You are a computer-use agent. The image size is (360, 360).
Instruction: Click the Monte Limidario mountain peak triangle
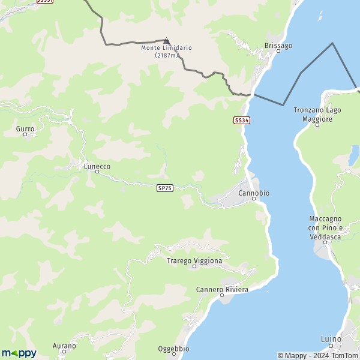[x=167, y=41]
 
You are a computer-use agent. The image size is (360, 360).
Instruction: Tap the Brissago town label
[x=278, y=45]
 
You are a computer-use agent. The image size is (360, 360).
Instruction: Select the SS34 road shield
[x=241, y=120]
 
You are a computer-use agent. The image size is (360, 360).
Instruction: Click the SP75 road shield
[x=165, y=188]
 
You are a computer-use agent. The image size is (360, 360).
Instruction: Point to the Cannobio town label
[x=254, y=193]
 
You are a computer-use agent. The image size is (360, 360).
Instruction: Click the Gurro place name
[x=25, y=128]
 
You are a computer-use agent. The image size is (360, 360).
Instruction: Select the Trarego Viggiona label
[x=194, y=260]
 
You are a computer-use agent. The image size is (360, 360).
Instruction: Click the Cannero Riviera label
[x=222, y=289]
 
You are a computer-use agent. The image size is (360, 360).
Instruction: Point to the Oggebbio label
[x=173, y=349]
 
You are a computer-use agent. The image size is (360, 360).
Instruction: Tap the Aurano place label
[x=64, y=346]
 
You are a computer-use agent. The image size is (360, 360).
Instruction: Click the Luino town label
[x=331, y=339]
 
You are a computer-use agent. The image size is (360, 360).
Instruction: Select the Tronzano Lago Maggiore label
[x=317, y=115]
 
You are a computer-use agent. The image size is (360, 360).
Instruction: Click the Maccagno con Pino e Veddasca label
[x=325, y=228]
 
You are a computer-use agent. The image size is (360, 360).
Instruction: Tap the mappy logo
[x=19, y=353]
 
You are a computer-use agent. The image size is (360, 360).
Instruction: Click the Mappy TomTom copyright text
[x=317, y=355]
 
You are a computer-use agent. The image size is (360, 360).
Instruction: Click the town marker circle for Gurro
[x=25, y=134]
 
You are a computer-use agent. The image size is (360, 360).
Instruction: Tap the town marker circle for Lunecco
[x=97, y=172]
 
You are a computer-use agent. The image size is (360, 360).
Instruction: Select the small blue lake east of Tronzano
[x=353, y=155]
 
